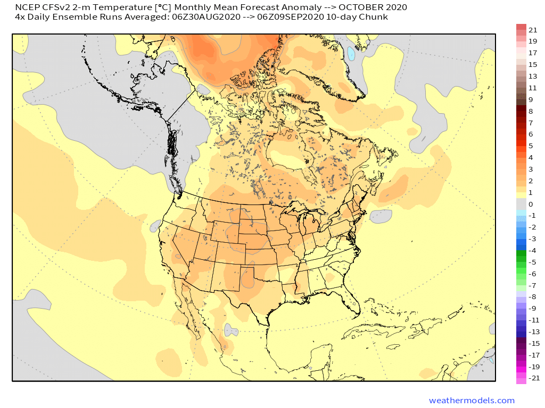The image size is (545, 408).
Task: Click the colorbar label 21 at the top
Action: [533, 29]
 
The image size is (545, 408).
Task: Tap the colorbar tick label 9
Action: [531, 99]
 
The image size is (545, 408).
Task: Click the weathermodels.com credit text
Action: [472, 400]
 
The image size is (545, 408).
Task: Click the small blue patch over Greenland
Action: [351, 53]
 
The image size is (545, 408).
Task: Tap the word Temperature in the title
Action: [106, 7]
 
